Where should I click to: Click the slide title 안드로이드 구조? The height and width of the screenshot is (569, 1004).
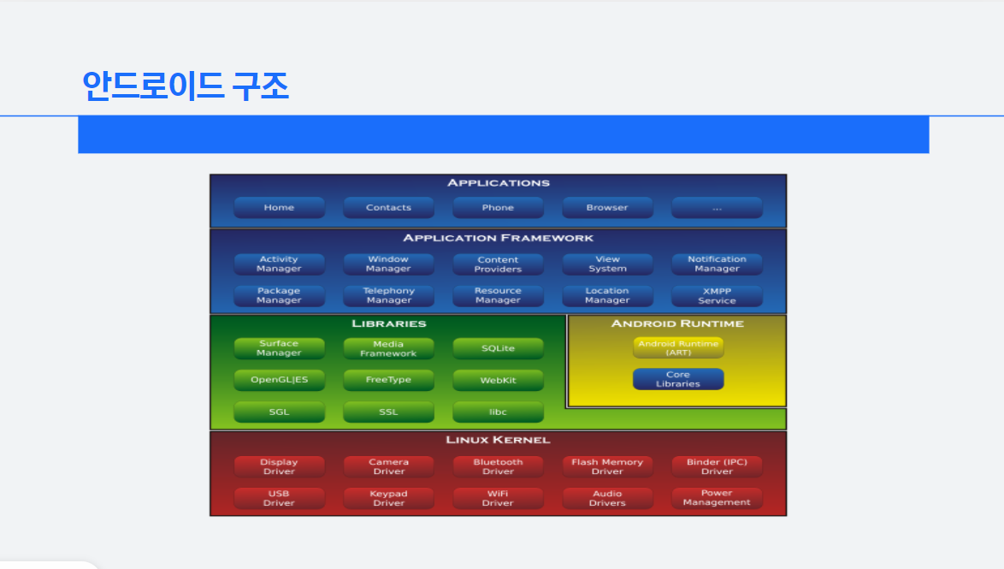186,86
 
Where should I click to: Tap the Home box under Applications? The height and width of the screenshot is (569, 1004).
279,208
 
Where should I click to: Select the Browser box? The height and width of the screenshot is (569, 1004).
607,208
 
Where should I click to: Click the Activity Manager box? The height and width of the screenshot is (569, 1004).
279,264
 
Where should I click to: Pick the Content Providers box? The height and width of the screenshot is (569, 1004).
498,264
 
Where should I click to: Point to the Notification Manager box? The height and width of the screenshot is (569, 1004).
717,264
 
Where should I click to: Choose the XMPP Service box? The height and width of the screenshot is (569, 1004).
717,296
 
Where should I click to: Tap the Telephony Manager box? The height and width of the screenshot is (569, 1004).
388,296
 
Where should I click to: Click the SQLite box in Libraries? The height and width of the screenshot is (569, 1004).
498,349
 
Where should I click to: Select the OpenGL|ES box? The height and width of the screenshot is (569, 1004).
279,380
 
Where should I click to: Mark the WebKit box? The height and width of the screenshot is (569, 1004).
498,380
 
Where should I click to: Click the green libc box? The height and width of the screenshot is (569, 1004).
498,412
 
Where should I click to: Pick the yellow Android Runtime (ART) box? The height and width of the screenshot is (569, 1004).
678,348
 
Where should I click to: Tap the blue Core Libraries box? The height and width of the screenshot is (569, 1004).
678,379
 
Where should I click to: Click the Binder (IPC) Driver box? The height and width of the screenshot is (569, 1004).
717,466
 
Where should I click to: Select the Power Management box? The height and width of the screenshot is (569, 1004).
717,498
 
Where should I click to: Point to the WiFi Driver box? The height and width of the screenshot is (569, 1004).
498,498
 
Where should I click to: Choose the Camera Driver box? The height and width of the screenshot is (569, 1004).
388,466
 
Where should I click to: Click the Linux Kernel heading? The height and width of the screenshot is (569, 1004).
498,440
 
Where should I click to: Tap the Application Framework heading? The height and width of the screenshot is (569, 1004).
498,238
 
